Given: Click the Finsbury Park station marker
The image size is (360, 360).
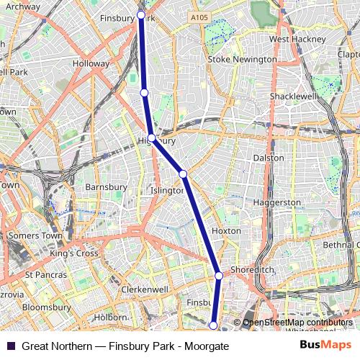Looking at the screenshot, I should pyautogui.click(x=141, y=15).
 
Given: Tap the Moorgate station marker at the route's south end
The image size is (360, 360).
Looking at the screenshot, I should pyautogui.click(x=213, y=325).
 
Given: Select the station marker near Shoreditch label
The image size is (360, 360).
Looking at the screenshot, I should pyautogui.click(x=219, y=275).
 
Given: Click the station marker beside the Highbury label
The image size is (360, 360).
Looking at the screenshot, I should pyautogui.click(x=152, y=138).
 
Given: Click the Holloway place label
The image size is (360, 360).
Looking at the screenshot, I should pyautogui.click(x=91, y=63).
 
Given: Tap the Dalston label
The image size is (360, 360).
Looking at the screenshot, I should pyautogui.click(x=269, y=158).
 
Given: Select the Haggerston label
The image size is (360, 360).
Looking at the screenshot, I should pyautogui.click(x=277, y=203).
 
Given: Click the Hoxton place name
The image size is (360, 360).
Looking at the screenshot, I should pyautogui.click(x=226, y=231).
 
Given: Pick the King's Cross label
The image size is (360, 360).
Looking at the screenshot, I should pyautogui.click(x=73, y=253).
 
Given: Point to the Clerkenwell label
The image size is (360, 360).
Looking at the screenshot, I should pyautogui.click(x=144, y=289).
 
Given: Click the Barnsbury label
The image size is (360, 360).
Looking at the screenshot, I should pyautogui.click(x=106, y=187).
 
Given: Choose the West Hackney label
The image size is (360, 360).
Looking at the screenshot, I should pyautogui.click(x=294, y=39).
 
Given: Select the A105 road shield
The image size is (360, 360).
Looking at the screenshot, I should pyautogui.click(x=200, y=16).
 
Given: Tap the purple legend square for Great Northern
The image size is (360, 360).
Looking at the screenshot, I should pyautogui.click(x=9, y=346).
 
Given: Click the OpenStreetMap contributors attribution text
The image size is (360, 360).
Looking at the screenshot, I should pyautogui.click(x=297, y=323).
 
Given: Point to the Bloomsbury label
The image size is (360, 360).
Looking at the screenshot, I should pyautogui.click(x=45, y=307).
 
